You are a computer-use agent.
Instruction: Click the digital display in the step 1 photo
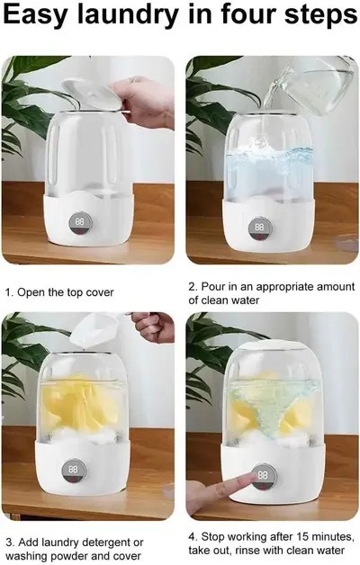point(79,225)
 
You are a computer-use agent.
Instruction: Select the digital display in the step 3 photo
point(73,471)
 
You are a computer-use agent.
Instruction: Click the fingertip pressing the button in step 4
point(252,478)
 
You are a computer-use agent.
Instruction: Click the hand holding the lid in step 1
point(142,100)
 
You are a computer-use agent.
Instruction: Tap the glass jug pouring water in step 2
point(312,84)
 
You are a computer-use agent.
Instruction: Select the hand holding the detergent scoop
point(154,327)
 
